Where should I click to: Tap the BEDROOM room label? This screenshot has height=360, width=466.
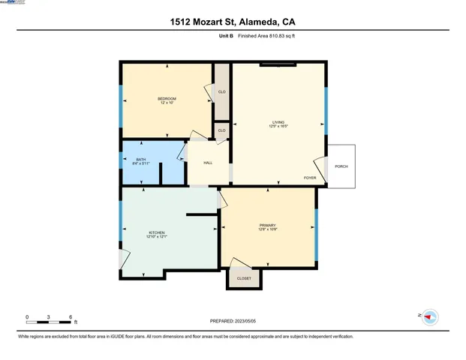(x=167, y=99)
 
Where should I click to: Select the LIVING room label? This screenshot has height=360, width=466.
(x=278, y=121)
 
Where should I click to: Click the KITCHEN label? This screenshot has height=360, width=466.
(x=156, y=232)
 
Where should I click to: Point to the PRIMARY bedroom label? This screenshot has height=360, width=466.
(x=268, y=225)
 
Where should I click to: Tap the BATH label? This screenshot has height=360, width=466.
(x=140, y=159)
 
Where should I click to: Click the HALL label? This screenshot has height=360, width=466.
(x=208, y=162)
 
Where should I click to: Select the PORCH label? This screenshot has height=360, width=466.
(x=341, y=166)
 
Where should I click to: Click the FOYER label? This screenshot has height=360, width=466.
(x=309, y=178)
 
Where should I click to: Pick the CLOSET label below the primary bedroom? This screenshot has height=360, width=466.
(x=244, y=278)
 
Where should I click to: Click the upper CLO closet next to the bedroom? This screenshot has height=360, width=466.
(x=221, y=92)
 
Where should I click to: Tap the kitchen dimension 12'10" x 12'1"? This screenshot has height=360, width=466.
(x=156, y=237)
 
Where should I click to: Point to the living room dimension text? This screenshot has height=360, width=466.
(x=278, y=126)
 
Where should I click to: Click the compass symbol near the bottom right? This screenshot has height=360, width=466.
(x=428, y=317)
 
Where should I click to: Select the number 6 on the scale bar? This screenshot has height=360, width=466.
(x=71, y=317)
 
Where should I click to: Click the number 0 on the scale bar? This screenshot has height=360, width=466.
(x=27, y=317)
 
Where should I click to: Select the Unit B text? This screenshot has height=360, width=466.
(x=225, y=35)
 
